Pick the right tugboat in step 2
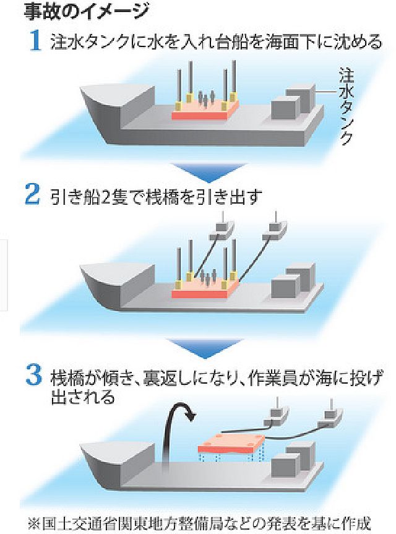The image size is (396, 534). coord(273,230)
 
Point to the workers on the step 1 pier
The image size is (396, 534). coord(206,99)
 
